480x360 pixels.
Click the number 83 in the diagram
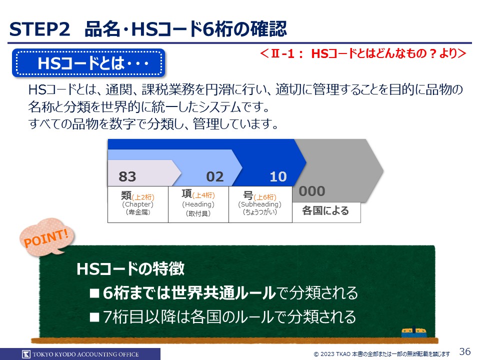[x=127, y=176]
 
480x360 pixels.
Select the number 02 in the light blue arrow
[x=215, y=176]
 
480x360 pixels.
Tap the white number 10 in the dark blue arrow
[x=278, y=176]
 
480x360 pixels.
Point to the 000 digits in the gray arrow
[x=312, y=191]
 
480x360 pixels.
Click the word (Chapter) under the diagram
[x=138, y=204]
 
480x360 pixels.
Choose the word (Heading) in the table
[x=198, y=204]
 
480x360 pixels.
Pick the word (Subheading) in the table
[x=260, y=204]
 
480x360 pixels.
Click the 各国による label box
[x=326, y=212]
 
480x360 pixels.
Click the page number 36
[x=465, y=351]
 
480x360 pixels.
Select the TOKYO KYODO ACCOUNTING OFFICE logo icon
[x=26, y=354]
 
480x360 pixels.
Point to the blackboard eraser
[x=414, y=332]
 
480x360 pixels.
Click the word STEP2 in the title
[x=40, y=29]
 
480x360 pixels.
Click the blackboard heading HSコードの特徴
[x=130, y=269]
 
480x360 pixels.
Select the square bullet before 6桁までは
[x=94, y=293]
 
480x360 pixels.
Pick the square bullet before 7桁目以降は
[x=94, y=317]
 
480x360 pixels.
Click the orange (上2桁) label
[x=143, y=197]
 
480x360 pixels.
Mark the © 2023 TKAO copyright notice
[x=381, y=354]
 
